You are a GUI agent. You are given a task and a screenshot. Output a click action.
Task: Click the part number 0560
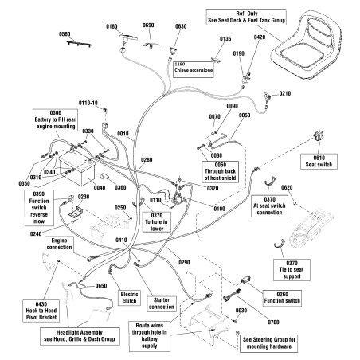click(x=65, y=34)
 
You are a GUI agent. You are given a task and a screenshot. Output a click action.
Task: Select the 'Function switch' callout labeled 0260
click(x=258, y=298)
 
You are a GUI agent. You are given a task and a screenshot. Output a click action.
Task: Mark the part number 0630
click(x=181, y=26)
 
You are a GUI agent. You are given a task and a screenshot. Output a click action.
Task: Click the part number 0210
click(x=284, y=94)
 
